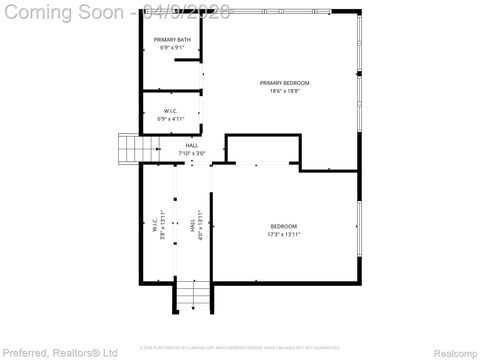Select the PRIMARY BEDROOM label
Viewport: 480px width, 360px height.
tap(284, 83)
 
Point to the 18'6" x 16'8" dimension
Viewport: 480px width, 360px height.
tap(284, 91)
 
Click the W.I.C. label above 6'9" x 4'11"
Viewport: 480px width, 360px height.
tap(171, 111)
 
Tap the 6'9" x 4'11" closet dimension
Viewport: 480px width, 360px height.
tap(171, 119)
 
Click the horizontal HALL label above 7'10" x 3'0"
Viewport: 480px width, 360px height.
tap(192, 145)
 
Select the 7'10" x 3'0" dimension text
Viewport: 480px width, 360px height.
tap(192, 153)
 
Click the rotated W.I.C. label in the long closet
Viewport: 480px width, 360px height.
tap(155, 225)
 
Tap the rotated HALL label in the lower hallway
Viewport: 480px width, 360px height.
tap(192, 225)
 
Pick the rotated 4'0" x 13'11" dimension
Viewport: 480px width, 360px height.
tap(200, 225)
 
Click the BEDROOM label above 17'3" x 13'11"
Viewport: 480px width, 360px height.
tap(284, 226)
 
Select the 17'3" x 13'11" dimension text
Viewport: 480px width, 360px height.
tap(284, 235)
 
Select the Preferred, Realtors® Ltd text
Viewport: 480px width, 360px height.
tap(60, 352)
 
